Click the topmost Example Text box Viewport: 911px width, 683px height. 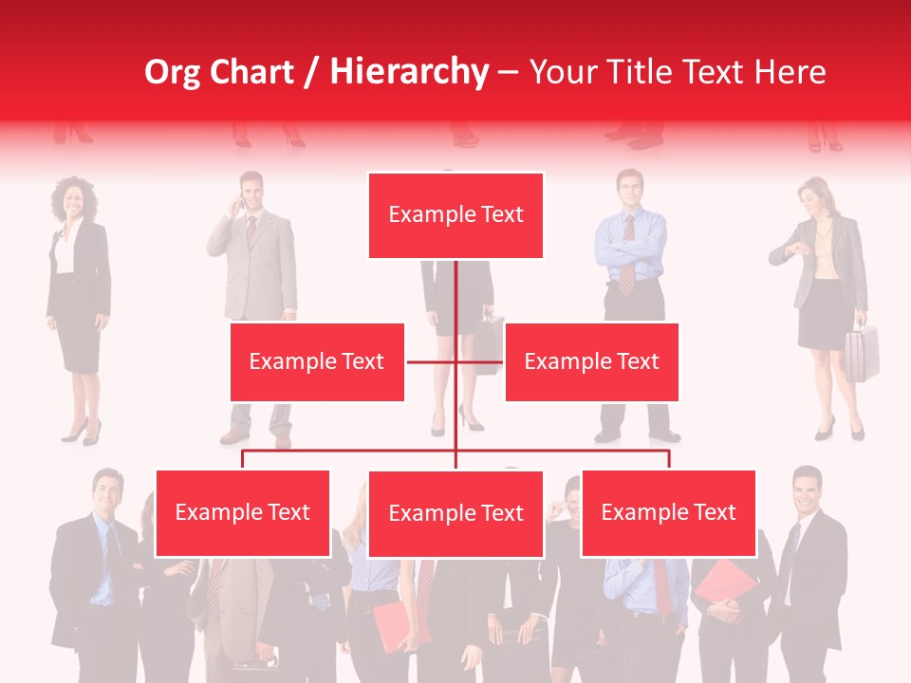[x=455, y=215]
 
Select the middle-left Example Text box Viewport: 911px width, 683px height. [x=317, y=361]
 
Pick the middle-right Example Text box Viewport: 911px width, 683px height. [x=591, y=361]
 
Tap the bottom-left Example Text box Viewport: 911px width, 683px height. [x=243, y=513]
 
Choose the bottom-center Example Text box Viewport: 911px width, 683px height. [x=455, y=514]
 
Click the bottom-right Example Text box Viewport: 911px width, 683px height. [x=668, y=513]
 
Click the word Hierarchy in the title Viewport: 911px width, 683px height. [x=409, y=72]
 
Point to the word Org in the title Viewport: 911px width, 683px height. [x=172, y=72]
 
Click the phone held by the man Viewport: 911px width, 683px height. [x=241, y=202]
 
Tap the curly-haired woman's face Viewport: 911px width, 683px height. [x=72, y=200]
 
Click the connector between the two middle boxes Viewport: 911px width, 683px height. [x=455, y=361]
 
